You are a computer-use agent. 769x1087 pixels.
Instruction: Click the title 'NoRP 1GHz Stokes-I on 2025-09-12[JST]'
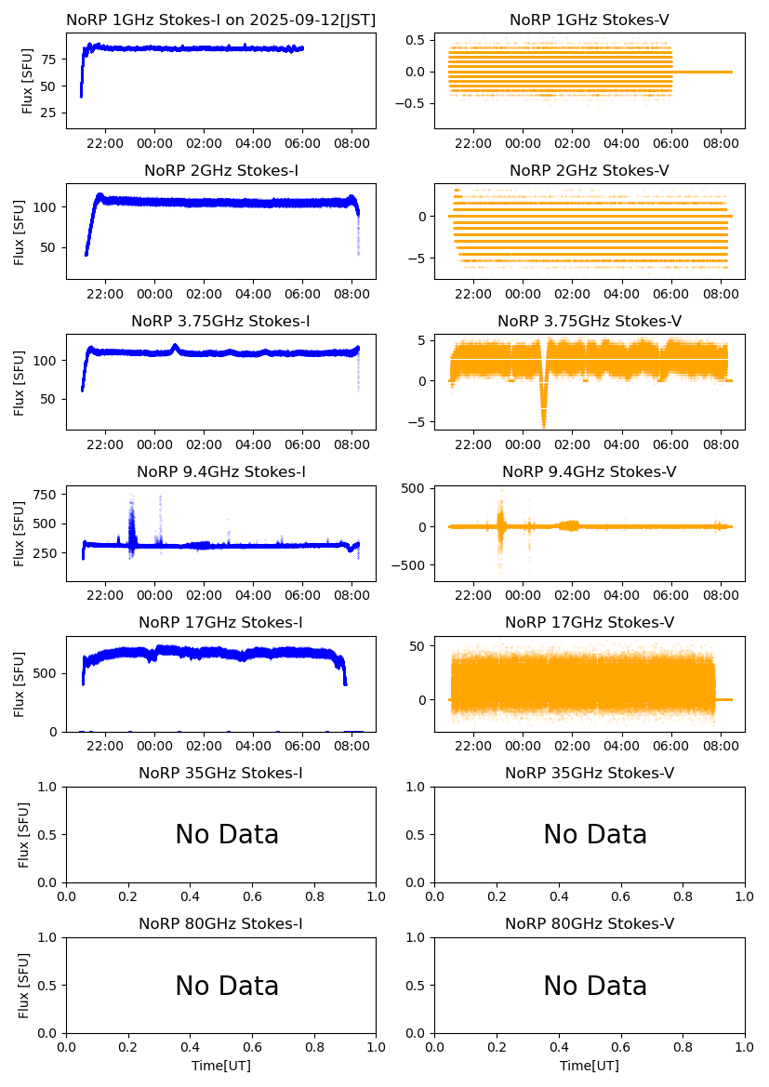(x=220, y=20)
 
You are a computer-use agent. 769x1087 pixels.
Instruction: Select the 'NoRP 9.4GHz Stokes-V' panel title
(x=589, y=472)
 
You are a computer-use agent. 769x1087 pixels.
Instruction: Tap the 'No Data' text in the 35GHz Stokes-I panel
(x=227, y=835)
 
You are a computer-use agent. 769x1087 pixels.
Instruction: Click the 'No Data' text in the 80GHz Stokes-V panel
(x=595, y=986)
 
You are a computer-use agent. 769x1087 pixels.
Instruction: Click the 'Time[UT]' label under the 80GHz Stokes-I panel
(x=221, y=1066)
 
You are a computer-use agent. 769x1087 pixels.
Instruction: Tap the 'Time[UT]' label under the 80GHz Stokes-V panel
(x=590, y=1066)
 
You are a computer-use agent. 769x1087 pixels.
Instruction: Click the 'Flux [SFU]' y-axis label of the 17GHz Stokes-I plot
(x=20, y=684)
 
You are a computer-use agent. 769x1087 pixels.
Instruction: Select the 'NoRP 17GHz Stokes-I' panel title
(x=220, y=623)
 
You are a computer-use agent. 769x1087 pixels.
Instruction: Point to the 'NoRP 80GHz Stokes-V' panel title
(x=589, y=924)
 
